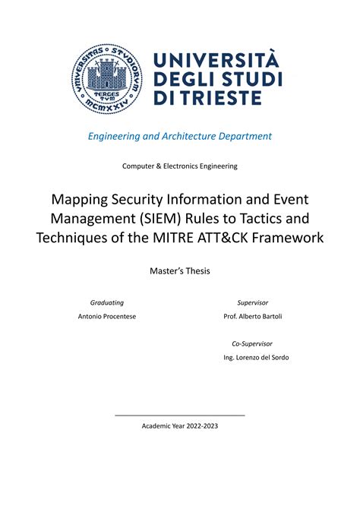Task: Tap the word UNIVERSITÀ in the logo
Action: (x=216, y=59)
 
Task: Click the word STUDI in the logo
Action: (x=244, y=79)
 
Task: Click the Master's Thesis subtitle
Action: (x=179, y=270)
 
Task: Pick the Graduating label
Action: (x=107, y=302)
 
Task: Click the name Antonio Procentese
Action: (x=107, y=316)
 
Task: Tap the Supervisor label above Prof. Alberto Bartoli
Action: (x=252, y=302)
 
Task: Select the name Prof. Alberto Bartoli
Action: (x=252, y=316)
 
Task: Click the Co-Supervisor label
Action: (x=252, y=343)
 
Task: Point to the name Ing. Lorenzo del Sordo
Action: (x=256, y=357)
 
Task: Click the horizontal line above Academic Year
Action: (x=180, y=415)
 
